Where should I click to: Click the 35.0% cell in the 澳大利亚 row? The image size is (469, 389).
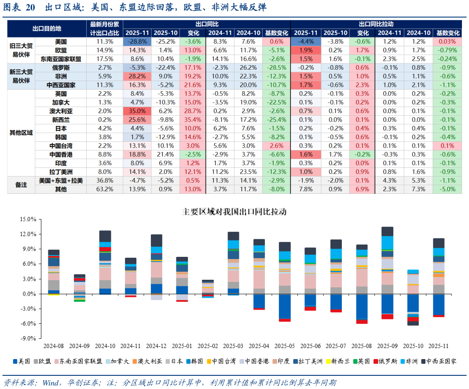coord(137,111)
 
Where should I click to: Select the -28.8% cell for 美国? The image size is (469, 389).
coord(137,41)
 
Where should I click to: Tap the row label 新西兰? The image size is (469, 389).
coord(61,120)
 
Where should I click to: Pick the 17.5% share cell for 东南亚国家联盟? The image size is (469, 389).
coord(105,59)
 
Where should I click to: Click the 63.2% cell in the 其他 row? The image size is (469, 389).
coord(105,189)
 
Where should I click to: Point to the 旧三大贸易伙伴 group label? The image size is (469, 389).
coord(21,50)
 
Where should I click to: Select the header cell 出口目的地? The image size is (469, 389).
coord(47,29)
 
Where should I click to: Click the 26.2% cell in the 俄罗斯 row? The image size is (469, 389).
coord(248,68)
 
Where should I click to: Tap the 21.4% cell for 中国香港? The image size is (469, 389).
coord(165,155)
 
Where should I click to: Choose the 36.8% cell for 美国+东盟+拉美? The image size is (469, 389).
coord(105,181)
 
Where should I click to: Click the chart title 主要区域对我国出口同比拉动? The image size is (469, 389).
coord(234,212)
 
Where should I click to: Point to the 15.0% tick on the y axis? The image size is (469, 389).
coord(28,219)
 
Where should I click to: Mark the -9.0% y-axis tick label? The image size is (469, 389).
coord(28,338)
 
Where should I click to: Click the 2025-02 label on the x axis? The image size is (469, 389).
coord(208,346)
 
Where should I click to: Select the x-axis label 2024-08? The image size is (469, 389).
coord(54,346)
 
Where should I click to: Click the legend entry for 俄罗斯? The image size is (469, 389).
coord(385,361)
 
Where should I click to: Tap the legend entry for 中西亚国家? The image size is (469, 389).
coord(439,361)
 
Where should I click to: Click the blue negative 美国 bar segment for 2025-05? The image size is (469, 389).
coord(285,307)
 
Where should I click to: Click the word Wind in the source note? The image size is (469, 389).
coord(50,383)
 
